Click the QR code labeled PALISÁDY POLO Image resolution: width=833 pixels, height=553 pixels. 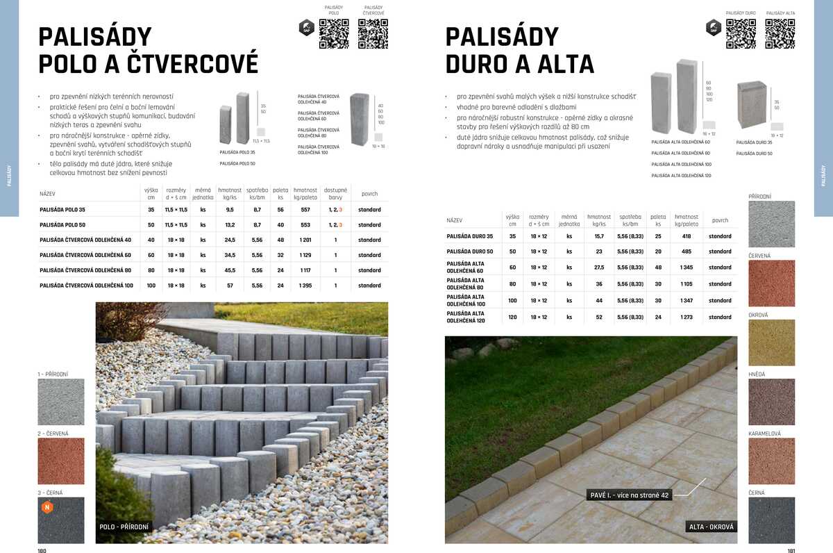click(333, 33)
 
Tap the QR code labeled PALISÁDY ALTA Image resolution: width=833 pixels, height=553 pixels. click(780, 33)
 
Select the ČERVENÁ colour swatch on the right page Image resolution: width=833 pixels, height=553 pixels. click(771, 283)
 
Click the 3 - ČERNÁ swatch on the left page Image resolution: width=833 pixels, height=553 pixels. click(61, 520)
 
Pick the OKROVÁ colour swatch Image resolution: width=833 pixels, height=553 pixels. click(771, 342)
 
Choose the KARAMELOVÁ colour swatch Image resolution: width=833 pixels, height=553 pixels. click(771, 461)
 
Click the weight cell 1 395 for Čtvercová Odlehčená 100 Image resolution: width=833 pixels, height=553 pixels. click(305, 286)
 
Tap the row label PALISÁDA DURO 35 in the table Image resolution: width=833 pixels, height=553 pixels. click(470, 236)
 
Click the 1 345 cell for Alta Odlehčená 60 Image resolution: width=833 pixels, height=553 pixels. click(686, 267)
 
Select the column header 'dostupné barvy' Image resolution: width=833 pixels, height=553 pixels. click(335, 193)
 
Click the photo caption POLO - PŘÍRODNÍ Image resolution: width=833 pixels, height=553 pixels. click(124, 527)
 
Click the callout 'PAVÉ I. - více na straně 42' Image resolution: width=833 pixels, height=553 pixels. click(629, 495)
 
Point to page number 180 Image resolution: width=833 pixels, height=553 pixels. click(42, 550)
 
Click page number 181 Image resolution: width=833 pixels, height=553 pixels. click(791, 550)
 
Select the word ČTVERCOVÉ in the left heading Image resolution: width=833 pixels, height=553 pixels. click(192, 64)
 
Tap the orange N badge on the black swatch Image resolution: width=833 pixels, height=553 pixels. click(48, 507)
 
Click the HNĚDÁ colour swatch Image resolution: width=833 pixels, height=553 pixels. click(771, 402)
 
